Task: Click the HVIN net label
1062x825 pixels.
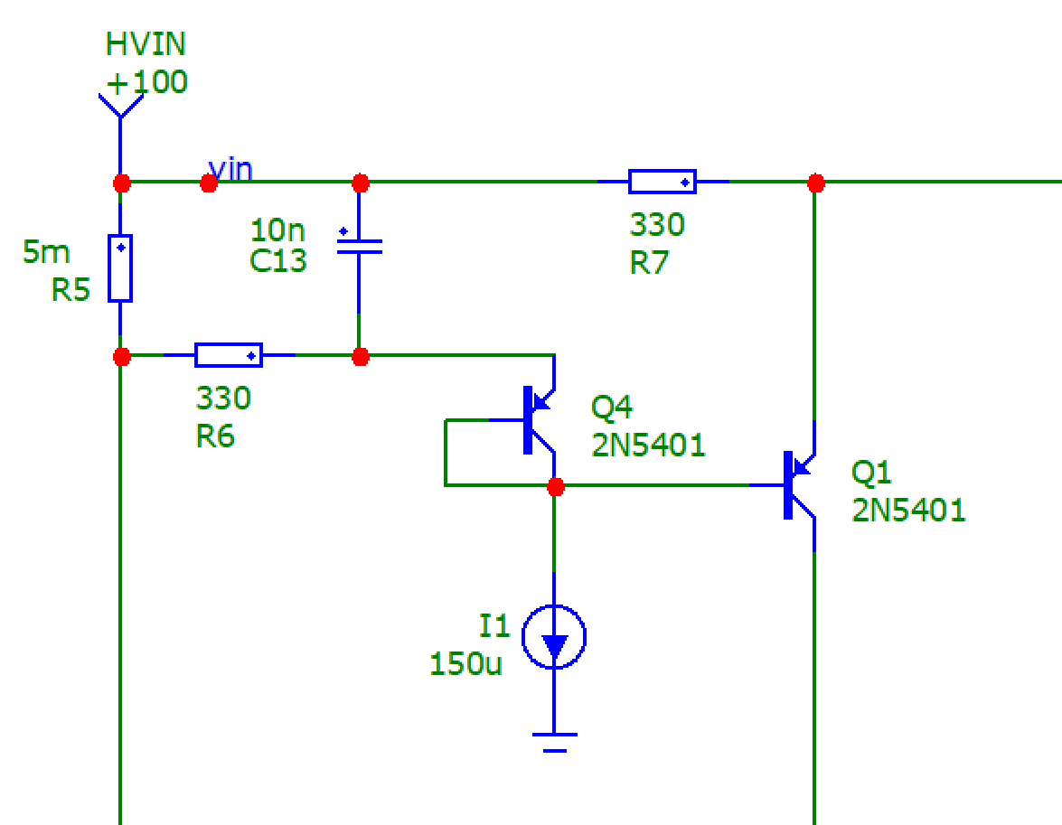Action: point(146,44)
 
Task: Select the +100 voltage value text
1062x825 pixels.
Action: point(146,82)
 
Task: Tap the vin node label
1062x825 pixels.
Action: point(231,169)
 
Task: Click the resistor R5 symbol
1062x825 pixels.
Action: point(120,267)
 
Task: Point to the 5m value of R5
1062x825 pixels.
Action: point(45,252)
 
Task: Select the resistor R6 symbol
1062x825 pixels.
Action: point(229,355)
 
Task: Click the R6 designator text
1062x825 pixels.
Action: point(215,437)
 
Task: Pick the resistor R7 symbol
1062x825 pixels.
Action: point(663,182)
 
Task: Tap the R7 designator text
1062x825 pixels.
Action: point(649,263)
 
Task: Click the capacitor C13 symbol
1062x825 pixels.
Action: point(359,246)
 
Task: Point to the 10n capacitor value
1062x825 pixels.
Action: point(277,230)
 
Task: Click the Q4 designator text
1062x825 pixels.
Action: point(611,408)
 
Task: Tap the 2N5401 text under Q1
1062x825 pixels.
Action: point(908,511)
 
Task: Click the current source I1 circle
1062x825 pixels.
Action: point(554,637)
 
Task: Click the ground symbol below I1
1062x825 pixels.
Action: point(554,741)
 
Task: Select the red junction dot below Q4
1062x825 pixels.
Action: point(555,487)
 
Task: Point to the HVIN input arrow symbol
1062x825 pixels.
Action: point(119,105)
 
